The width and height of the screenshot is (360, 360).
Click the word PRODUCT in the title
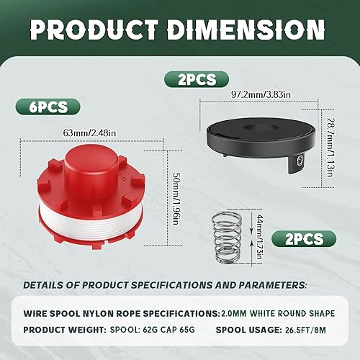[94, 30]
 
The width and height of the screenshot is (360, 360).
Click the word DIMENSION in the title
[246, 30]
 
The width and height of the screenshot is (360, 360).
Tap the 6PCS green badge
[48, 107]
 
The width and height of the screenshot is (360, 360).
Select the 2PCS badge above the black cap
[197, 79]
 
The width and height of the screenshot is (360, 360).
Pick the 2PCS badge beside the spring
[304, 239]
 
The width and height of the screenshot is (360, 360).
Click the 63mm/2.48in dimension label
[89, 132]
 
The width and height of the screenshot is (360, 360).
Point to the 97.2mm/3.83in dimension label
[261, 94]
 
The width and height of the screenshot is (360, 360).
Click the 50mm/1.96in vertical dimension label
[177, 199]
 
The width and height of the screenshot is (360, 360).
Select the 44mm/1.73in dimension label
[259, 237]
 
